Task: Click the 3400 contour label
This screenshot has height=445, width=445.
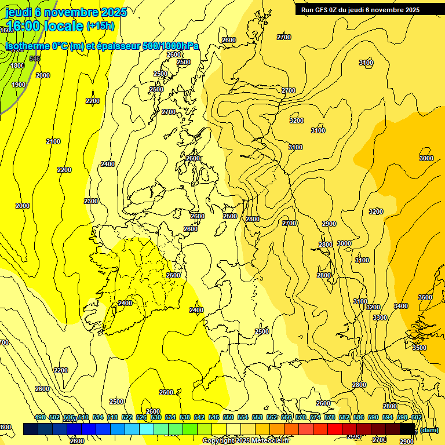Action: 400,306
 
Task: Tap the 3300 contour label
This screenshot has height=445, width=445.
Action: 380,318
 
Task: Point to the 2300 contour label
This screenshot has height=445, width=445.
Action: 91,201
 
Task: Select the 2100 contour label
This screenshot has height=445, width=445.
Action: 53,141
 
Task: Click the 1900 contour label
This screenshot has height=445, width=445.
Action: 19,85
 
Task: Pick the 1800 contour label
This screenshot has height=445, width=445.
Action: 17,65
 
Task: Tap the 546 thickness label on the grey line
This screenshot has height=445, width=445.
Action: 35,59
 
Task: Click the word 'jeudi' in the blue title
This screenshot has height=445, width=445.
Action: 19,12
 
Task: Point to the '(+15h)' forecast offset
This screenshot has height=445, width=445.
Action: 100,26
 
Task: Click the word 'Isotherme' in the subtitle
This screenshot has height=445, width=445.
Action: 28,46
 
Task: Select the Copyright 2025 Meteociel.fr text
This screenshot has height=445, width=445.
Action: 246,440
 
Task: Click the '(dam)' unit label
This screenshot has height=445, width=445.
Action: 429,430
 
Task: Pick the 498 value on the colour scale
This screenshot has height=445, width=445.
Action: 40,417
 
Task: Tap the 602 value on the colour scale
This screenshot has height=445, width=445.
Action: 416,417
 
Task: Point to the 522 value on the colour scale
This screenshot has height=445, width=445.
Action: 127,417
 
